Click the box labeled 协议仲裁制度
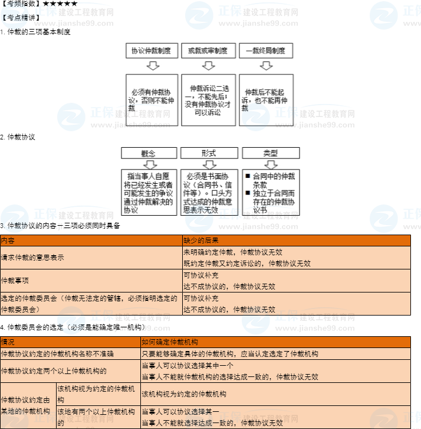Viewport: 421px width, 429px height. click(x=151, y=51)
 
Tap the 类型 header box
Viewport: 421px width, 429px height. click(x=271, y=153)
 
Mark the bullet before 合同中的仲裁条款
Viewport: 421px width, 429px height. click(x=248, y=176)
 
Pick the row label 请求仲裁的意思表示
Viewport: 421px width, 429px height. click(x=33, y=258)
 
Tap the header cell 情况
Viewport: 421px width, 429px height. click(x=8, y=342)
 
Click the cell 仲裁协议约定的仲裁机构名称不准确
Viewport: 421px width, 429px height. click(x=58, y=353)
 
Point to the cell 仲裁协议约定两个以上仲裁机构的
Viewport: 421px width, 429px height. click(x=54, y=371)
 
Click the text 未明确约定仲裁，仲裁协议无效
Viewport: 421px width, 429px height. click(x=233, y=252)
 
